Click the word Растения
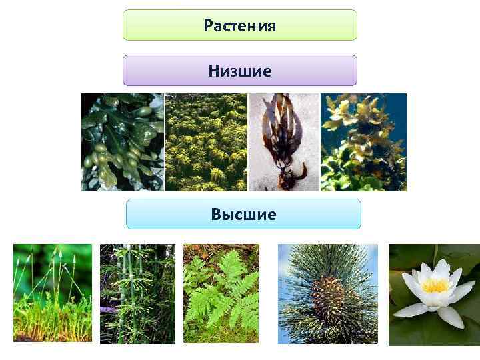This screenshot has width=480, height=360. (240, 26)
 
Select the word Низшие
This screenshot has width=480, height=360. (240, 70)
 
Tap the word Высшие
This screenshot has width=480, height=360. (243, 214)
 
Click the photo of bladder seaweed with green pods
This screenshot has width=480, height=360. (123, 142)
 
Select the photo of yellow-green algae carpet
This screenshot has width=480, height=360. (206, 142)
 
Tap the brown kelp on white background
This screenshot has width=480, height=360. (280, 133)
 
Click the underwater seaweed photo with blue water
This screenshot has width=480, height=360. (363, 142)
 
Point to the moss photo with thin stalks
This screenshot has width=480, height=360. (53, 293)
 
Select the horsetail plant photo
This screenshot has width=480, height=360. (137, 293)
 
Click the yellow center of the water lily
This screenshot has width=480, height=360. (435, 285)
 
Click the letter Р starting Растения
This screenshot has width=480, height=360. (208, 27)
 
